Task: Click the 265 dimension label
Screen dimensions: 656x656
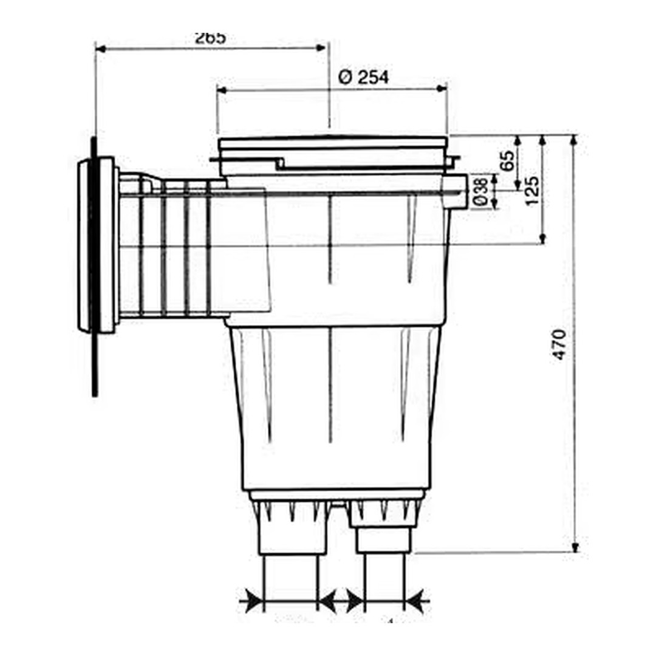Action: click(210, 38)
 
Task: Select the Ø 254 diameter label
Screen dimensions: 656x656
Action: click(363, 77)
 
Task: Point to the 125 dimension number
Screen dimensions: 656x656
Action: click(532, 191)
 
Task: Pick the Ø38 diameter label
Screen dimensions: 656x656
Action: click(479, 192)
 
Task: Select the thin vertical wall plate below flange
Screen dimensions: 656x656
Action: click(95, 364)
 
